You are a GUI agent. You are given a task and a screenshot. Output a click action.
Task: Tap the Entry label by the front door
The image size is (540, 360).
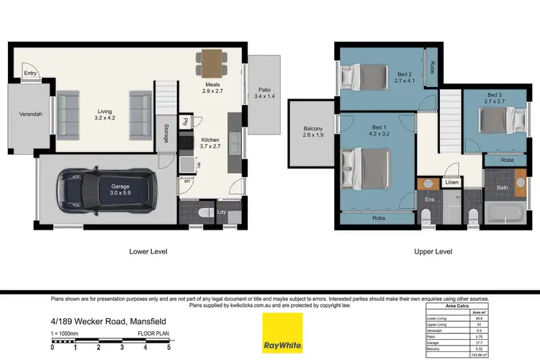[30, 73]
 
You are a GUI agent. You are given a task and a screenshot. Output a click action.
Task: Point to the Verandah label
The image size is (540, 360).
[30, 114]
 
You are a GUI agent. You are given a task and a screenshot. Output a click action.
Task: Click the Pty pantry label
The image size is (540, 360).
[185, 121]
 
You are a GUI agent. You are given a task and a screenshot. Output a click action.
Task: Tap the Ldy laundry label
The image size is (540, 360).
[222, 212]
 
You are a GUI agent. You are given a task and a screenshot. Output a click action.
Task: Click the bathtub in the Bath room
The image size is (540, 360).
[508, 214]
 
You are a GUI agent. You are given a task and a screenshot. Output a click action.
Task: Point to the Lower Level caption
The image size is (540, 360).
[149, 251]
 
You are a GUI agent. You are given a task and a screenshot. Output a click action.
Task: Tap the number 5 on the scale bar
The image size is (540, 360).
[168, 347]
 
